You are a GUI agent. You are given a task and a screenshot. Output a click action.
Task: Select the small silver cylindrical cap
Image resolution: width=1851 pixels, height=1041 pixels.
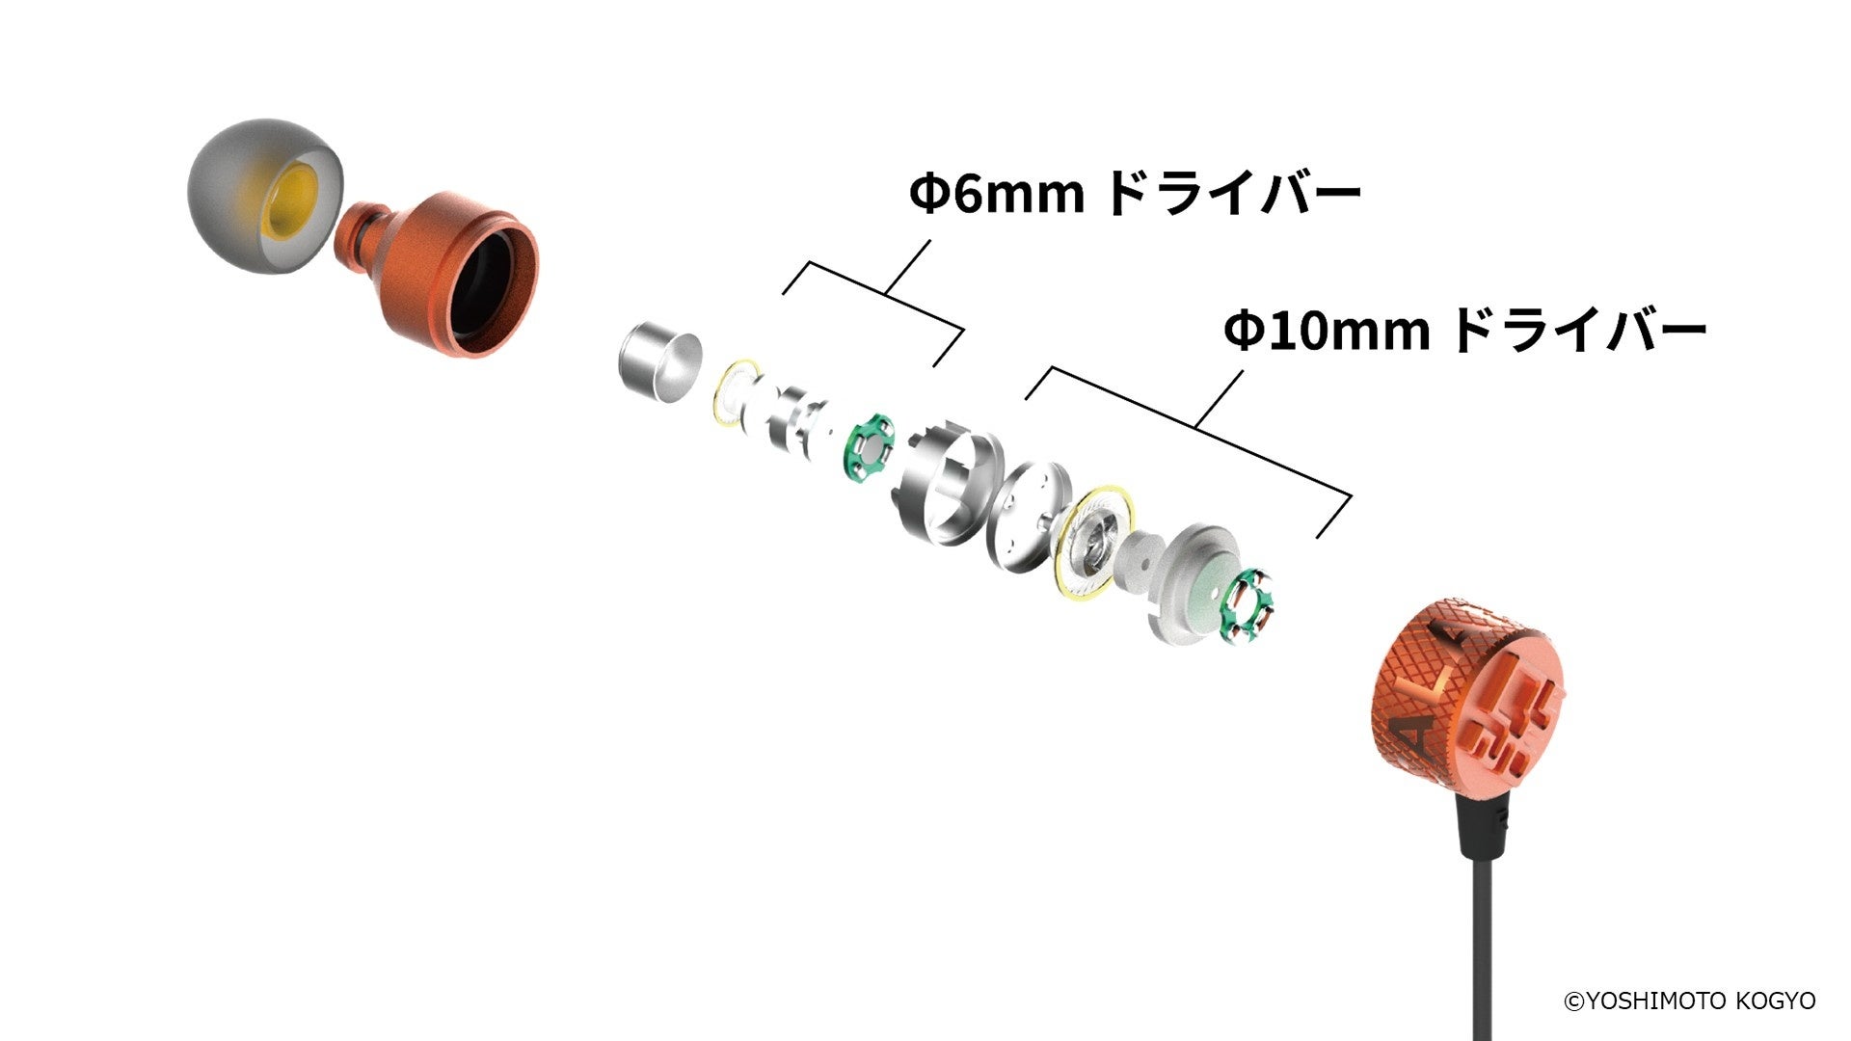tap(658, 362)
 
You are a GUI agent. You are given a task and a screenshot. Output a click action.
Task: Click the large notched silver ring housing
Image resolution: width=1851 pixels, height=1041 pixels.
tap(949, 483)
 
